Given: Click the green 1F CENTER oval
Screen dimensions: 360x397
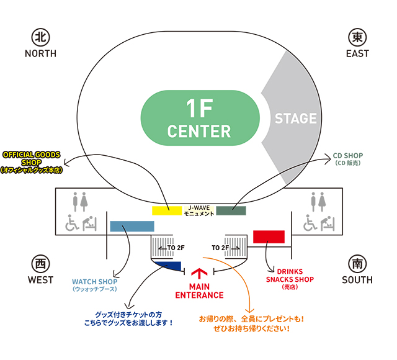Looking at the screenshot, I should [x=200, y=119].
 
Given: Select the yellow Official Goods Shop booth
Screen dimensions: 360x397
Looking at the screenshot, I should [x=166, y=210].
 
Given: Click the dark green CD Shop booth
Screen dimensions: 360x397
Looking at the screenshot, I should [x=231, y=210].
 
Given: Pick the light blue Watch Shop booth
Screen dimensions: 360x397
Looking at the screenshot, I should [x=132, y=226].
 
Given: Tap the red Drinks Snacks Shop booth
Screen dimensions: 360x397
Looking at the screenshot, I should [x=269, y=236].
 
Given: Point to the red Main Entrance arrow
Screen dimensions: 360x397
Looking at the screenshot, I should [x=198, y=274].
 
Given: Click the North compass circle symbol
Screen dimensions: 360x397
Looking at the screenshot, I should [x=40, y=37].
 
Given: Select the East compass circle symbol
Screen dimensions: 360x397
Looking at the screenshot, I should [x=357, y=37].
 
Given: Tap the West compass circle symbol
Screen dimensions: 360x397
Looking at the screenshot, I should [x=40, y=264].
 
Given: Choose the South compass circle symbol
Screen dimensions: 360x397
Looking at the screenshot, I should [x=357, y=264].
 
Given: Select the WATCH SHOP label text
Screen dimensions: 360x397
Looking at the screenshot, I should [x=94, y=285].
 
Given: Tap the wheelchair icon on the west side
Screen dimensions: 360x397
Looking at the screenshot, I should [x=72, y=223].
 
